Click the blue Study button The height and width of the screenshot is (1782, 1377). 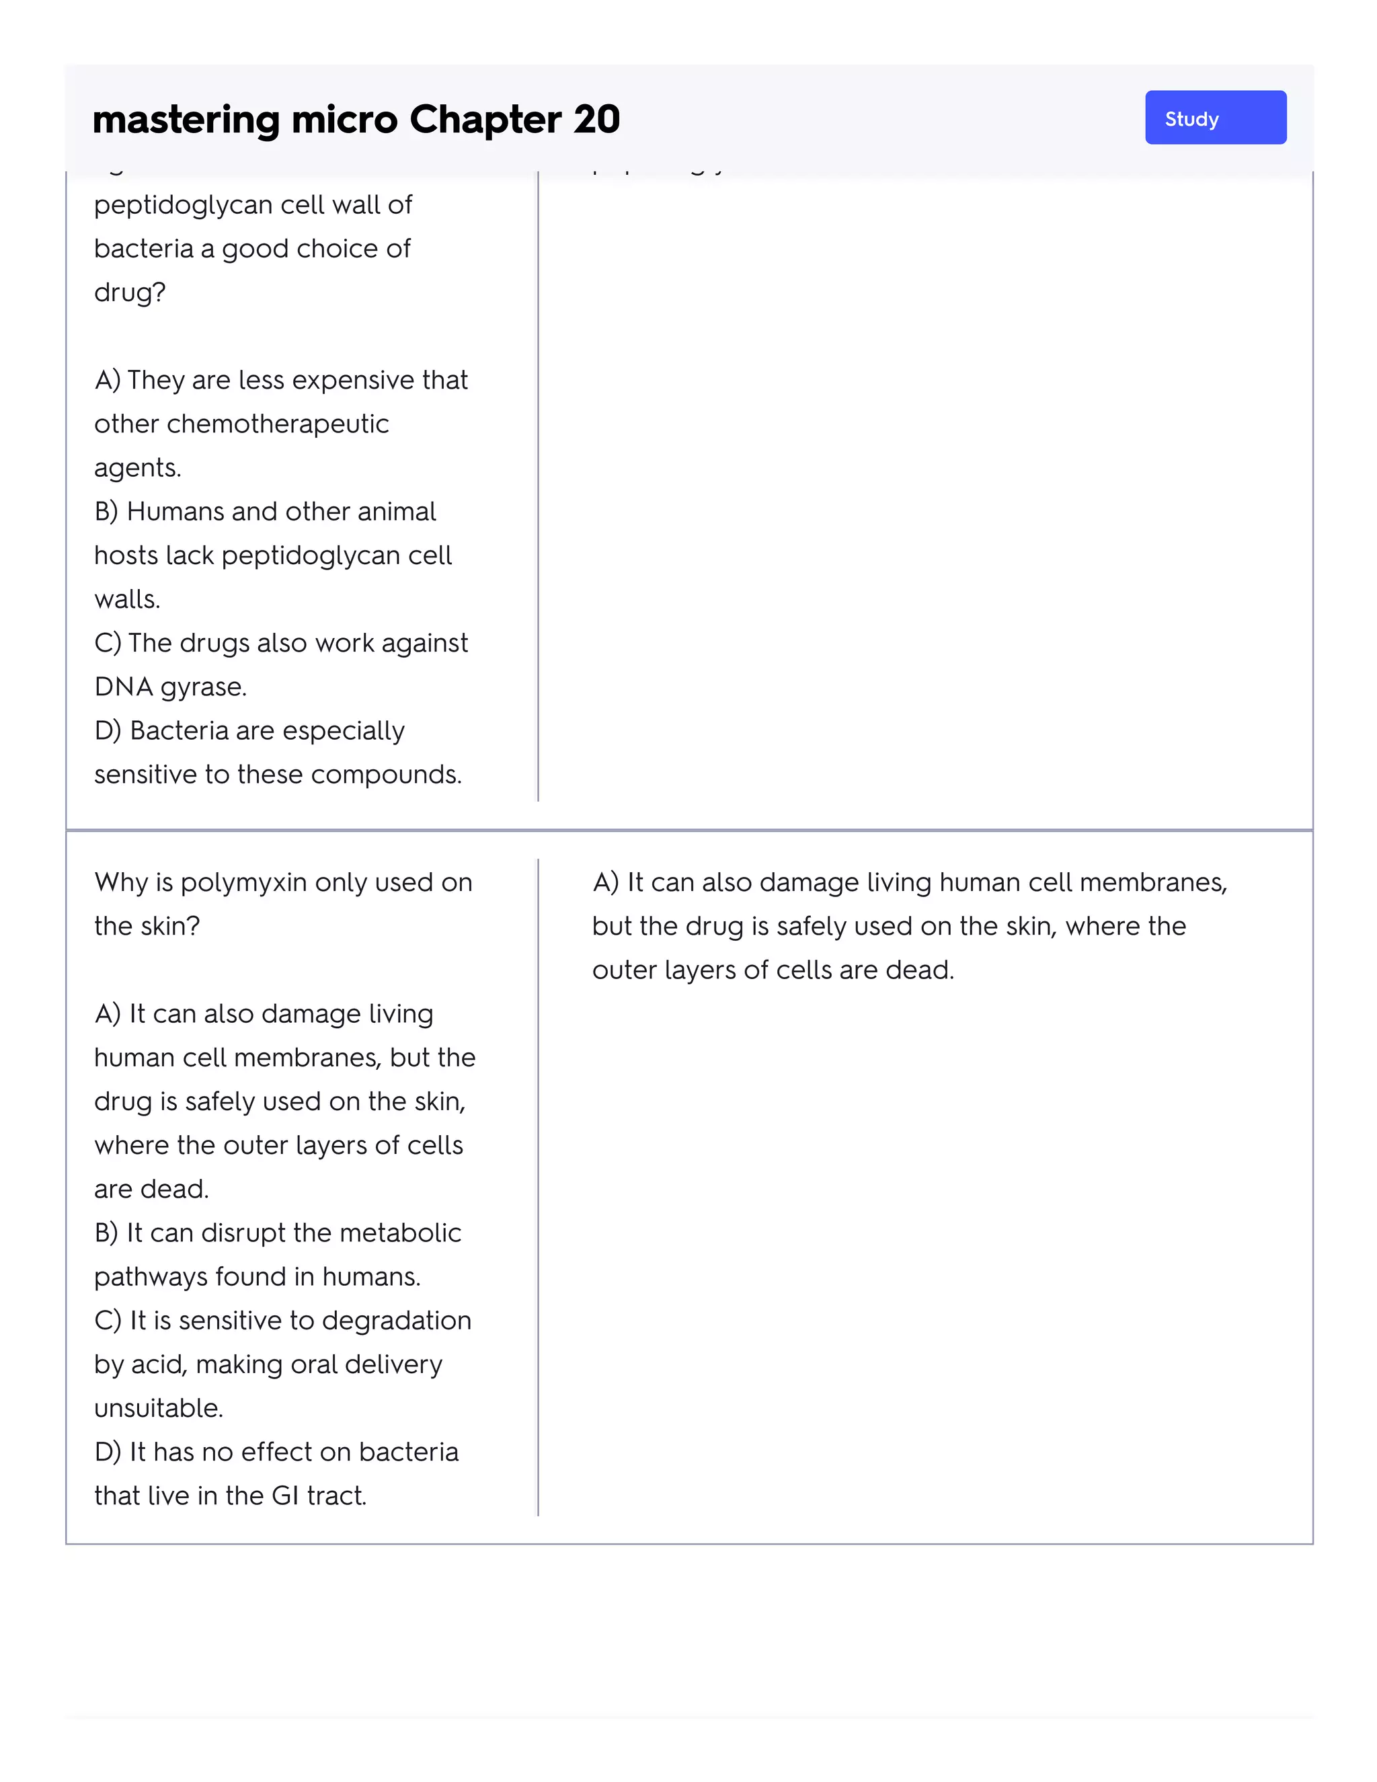pos(1215,118)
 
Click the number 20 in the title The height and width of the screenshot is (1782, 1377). pos(596,119)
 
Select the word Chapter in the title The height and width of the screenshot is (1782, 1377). pos(485,119)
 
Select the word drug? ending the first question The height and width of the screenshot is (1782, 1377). pos(130,292)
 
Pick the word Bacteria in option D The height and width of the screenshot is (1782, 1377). pos(179,730)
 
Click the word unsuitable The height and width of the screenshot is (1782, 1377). pos(158,1407)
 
